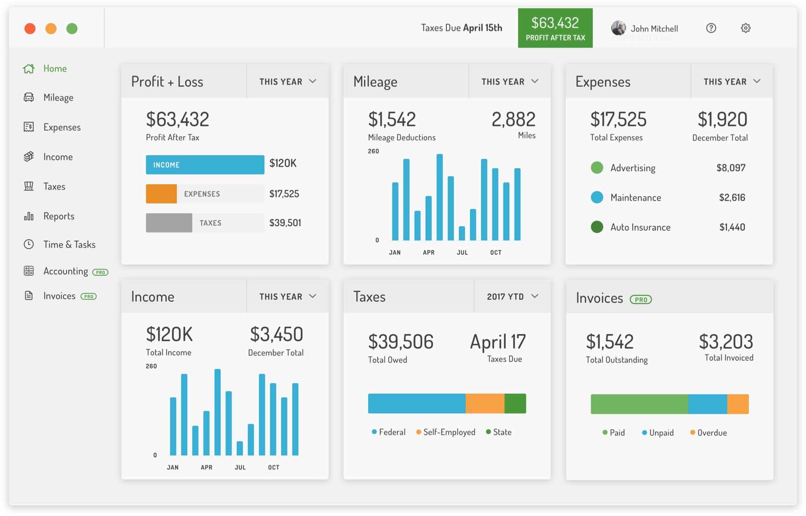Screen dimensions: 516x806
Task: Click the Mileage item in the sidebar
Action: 58,97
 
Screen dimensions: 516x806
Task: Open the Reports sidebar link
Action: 58,216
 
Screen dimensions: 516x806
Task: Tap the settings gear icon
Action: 745,28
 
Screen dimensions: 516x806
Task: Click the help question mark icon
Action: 711,28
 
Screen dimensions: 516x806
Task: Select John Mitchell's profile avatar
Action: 618,28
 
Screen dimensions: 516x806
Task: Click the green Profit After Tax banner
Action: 555,28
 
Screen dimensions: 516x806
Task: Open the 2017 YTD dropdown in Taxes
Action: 512,296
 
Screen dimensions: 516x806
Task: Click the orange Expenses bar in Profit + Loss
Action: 161,194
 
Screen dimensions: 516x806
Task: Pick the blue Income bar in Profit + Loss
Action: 205,165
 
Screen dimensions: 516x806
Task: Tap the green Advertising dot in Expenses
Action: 597,168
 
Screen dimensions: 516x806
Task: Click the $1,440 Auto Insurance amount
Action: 732,227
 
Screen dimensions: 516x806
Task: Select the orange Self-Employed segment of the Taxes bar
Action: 485,403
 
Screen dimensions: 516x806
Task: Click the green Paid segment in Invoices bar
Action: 639,404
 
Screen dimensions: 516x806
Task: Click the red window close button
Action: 30,29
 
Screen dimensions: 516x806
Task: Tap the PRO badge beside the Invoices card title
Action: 641,300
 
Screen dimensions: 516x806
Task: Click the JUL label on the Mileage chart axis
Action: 462,253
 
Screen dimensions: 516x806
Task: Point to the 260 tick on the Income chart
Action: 151,366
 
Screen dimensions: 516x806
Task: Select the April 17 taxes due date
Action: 497,342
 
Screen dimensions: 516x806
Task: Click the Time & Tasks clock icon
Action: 29,244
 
